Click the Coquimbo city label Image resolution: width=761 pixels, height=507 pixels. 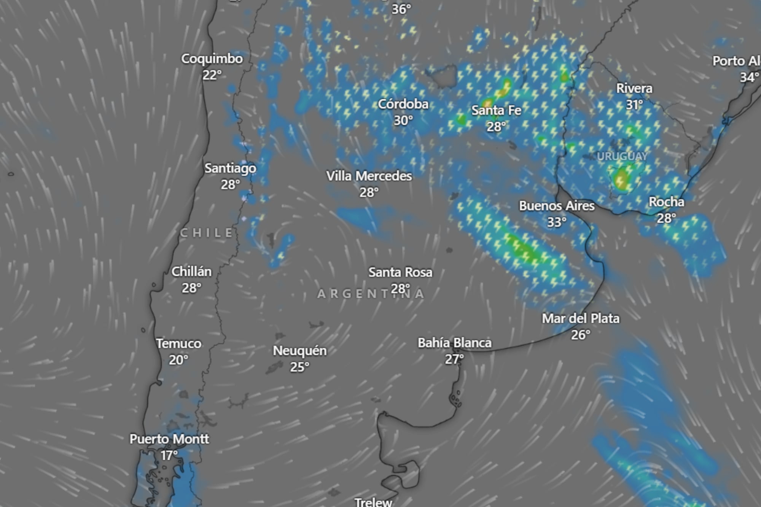[x=212, y=59]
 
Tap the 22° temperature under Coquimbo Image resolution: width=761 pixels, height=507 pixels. [x=212, y=75]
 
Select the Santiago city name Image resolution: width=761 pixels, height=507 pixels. [x=230, y=168]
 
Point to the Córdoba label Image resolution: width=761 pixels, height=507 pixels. [x=403, y=104]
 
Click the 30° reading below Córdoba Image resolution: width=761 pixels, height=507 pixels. [x=403, y=120]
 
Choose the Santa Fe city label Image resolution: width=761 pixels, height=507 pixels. [x=496, y=110]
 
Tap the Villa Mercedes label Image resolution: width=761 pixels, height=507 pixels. [x=369, y=176]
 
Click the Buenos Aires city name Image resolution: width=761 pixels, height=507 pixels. [x=556, y=206]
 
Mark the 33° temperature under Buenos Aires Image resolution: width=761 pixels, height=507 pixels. [x=556, y=222]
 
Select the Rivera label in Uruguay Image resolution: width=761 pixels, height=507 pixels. [x=634, y=88]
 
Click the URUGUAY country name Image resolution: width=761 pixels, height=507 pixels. [x=622, y=156]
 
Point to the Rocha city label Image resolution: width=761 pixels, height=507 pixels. [x=666, y=202]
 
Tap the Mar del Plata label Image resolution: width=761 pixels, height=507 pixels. [x=580, y=318]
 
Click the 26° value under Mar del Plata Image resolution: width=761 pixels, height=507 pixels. [x=580, y=335]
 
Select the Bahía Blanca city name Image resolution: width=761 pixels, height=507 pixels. [x=454, y=343]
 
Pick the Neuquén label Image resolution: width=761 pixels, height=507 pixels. [x=299, y=351]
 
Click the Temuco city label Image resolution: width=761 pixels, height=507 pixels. [x=178, y=343]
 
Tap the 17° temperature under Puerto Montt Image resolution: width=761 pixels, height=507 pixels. [x=169, y=455]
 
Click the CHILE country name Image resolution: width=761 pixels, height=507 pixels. [x=207, y=233]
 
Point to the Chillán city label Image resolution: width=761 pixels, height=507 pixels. [x=191, y=272]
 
